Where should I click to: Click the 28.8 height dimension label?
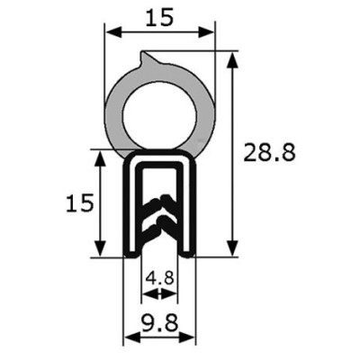(269, 153)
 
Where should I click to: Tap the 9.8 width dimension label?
(160, 322)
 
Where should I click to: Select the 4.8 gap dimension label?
(159, 278)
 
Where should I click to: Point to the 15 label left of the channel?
(80, 202)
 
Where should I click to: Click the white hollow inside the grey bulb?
(159, 116)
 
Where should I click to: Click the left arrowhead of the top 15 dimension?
(113, 32)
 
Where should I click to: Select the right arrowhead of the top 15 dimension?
(206, 32)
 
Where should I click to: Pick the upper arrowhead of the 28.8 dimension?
(232, 60)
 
